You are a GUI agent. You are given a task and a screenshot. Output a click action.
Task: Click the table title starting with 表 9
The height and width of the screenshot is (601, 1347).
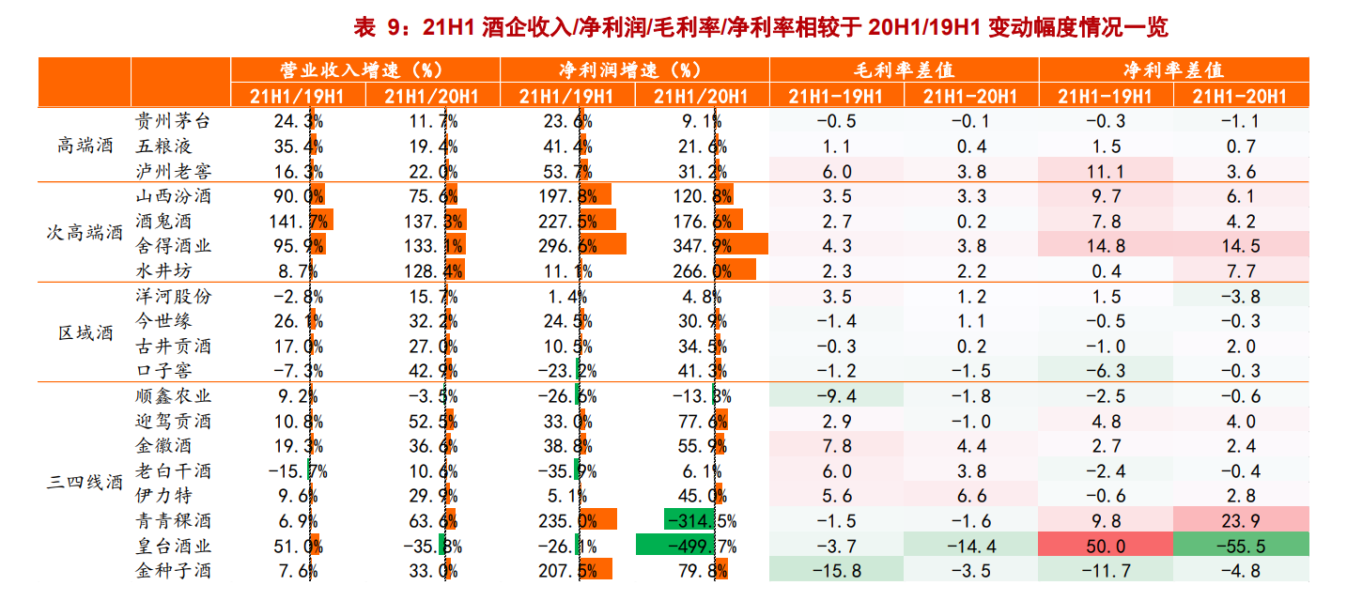click(x=760, y=27)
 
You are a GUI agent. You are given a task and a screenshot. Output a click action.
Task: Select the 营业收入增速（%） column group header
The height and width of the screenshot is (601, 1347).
click(x=364, y=70)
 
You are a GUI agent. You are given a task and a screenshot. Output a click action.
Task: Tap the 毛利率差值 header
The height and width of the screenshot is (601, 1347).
click(x=904, y=70)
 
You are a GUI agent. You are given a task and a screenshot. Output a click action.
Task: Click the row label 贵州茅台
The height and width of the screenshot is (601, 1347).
click(x=174, y=121)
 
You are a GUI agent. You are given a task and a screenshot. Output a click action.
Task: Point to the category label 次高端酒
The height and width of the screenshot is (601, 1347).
click(x=85, y=233)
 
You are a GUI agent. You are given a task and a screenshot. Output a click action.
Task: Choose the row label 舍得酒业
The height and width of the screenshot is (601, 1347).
click(x=174, y=246)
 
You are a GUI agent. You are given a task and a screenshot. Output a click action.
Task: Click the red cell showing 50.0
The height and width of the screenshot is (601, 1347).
click(x=1106, y=547)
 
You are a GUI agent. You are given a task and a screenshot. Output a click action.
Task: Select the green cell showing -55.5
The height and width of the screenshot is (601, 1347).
click(x=1240, y=547)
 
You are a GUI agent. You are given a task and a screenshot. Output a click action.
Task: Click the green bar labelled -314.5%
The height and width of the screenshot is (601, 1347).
click(x=689, y=521)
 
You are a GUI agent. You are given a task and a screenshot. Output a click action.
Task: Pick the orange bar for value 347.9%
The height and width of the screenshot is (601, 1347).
click(x=742, y=246)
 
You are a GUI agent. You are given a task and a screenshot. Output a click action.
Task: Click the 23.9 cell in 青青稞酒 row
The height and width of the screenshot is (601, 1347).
click(x=1240, y=521)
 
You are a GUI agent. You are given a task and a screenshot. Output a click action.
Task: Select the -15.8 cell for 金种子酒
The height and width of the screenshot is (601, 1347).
click(x=836, y=571)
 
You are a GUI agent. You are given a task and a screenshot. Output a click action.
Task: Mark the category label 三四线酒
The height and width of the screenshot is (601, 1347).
click(x=85, y=484)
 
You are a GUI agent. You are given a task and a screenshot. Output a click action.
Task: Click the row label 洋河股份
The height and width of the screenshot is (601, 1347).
click(x=174, y=297)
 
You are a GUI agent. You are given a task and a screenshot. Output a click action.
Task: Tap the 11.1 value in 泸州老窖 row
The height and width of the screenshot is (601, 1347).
click(x=1106, y=172)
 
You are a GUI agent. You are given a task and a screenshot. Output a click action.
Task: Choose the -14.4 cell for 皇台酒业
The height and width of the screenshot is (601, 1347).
click(x=970, y=547)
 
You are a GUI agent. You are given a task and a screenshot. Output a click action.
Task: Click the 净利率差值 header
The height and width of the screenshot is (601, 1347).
click(x=1173, y=70)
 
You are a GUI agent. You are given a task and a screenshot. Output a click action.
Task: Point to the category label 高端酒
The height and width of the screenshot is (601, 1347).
click(x=85, y=146)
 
